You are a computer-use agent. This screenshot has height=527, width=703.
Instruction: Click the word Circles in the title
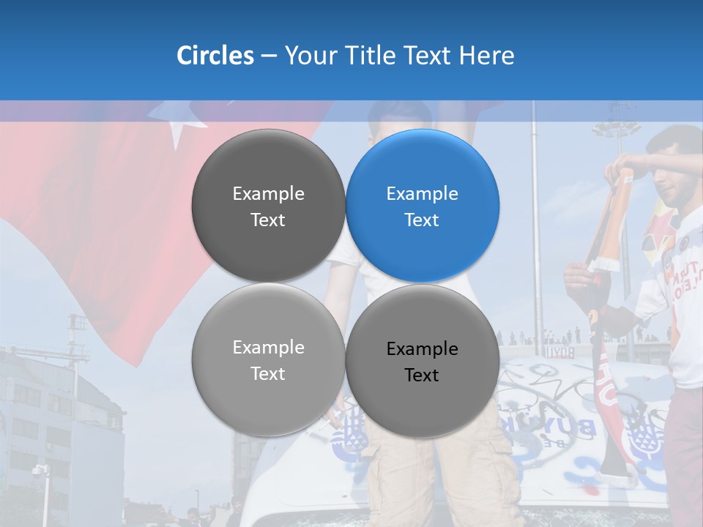click(215, 56)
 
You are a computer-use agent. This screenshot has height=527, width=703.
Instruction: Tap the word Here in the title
click(486, 56)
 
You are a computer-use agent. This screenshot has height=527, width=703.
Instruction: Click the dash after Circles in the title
click(269, 56)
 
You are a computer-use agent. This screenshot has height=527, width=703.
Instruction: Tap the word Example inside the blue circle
click(423, 194)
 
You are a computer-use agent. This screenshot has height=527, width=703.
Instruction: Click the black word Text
click(422, 375)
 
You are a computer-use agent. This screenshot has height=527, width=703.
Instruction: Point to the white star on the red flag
click(177, 128)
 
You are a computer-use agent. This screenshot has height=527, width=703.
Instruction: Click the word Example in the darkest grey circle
click(268, 194)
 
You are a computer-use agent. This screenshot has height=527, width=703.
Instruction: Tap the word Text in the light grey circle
click(268, 374)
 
